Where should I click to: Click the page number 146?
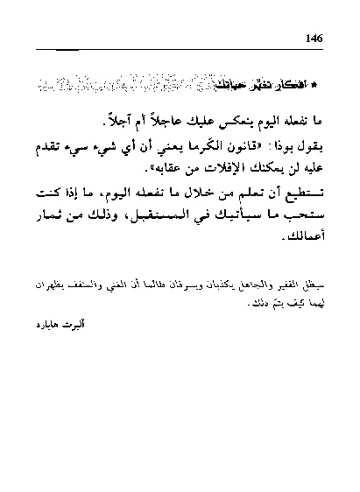tap(316, 37)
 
